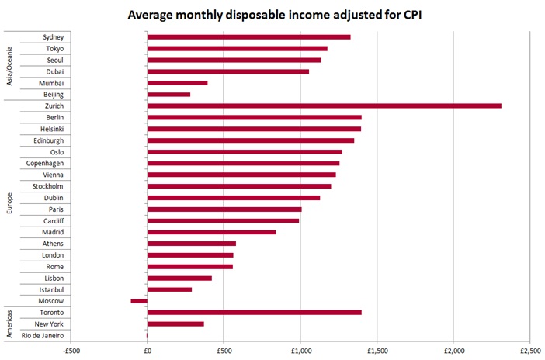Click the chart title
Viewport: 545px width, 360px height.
point(271,13)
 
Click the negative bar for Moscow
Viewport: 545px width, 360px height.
point(139,301)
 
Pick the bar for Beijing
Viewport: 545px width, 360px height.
point(168,95)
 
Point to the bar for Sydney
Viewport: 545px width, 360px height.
point(248,36)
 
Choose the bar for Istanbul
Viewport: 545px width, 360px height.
point(169,289)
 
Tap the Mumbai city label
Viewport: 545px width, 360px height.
point(52,83)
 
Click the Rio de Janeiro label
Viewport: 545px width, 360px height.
point(48,335)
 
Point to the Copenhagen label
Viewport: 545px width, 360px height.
point(46,163)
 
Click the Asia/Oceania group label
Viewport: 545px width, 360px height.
point(9,66)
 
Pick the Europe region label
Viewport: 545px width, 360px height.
point(9,203)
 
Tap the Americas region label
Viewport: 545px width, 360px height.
point(9,324)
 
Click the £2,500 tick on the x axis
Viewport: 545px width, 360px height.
point(529,349)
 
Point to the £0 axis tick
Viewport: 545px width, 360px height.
point(147,349)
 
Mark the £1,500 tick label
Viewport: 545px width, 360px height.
point(377,349)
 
